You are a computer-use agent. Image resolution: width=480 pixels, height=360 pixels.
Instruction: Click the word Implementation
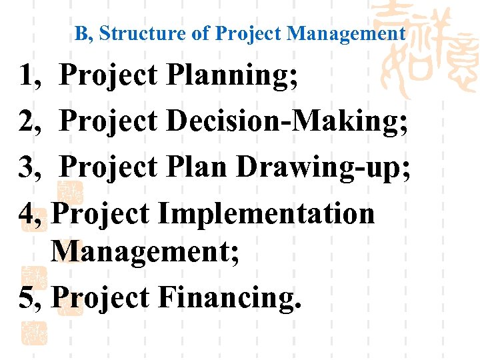pyautogui.click(x=267, y=213)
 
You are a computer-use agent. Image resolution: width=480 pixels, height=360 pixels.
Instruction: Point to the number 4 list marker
pyautogui.click(x=29, y=213)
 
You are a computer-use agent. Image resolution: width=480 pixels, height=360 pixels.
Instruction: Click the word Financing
pyautogui.click(x=230, y=297)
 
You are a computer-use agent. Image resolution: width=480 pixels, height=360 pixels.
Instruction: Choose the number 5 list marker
pyautogui.click(x=29, y=297)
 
